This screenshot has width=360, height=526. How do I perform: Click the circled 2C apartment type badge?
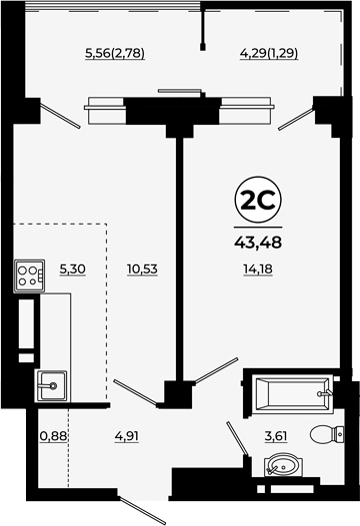point(258,200)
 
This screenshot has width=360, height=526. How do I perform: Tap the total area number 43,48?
point(258,243)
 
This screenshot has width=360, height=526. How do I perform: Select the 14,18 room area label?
point(258,269)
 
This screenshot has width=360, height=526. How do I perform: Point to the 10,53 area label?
point(142,269)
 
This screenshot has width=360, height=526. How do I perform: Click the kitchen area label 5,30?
point(73,269)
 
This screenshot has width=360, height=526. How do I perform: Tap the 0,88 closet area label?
point(54,436)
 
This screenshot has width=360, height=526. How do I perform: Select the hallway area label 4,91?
point(126,436)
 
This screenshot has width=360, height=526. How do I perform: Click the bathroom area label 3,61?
point(275,436)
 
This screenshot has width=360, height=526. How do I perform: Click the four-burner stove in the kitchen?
point(29,276)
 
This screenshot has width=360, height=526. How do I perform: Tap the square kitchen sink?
point(51,386)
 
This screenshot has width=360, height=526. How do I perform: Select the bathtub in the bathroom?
point(292,394)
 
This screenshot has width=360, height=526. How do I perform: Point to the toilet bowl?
point(327,435)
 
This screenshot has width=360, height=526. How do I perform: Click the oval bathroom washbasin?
point(283,465)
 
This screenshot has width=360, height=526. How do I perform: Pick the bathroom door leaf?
point(238,439)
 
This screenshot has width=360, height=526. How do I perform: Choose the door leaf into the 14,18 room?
point(216,370)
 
